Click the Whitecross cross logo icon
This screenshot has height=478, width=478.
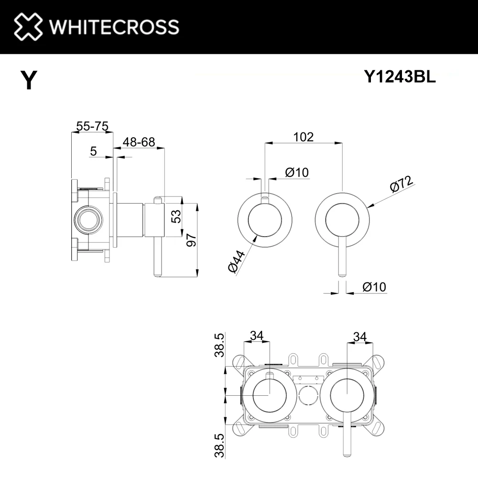pos(28,26)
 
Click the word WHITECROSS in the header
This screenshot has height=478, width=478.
pos(114,27)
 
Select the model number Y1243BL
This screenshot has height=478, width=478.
pos(400,76)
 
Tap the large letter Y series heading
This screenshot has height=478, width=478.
pos(29,80)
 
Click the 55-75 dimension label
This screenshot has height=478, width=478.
pos(92,126)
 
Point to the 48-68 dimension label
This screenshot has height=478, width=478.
pos(139,142)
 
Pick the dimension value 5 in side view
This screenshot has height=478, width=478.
pos(93,151)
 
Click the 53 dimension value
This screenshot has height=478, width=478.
pos(176,217)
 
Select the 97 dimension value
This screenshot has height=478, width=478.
pos(192,240)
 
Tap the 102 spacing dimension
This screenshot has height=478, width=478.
pos(304,137)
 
